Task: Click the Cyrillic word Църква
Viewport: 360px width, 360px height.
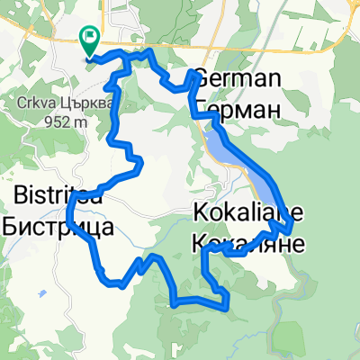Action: click(86, 103)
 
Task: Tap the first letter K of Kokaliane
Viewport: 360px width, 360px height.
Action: click(200, 213)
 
